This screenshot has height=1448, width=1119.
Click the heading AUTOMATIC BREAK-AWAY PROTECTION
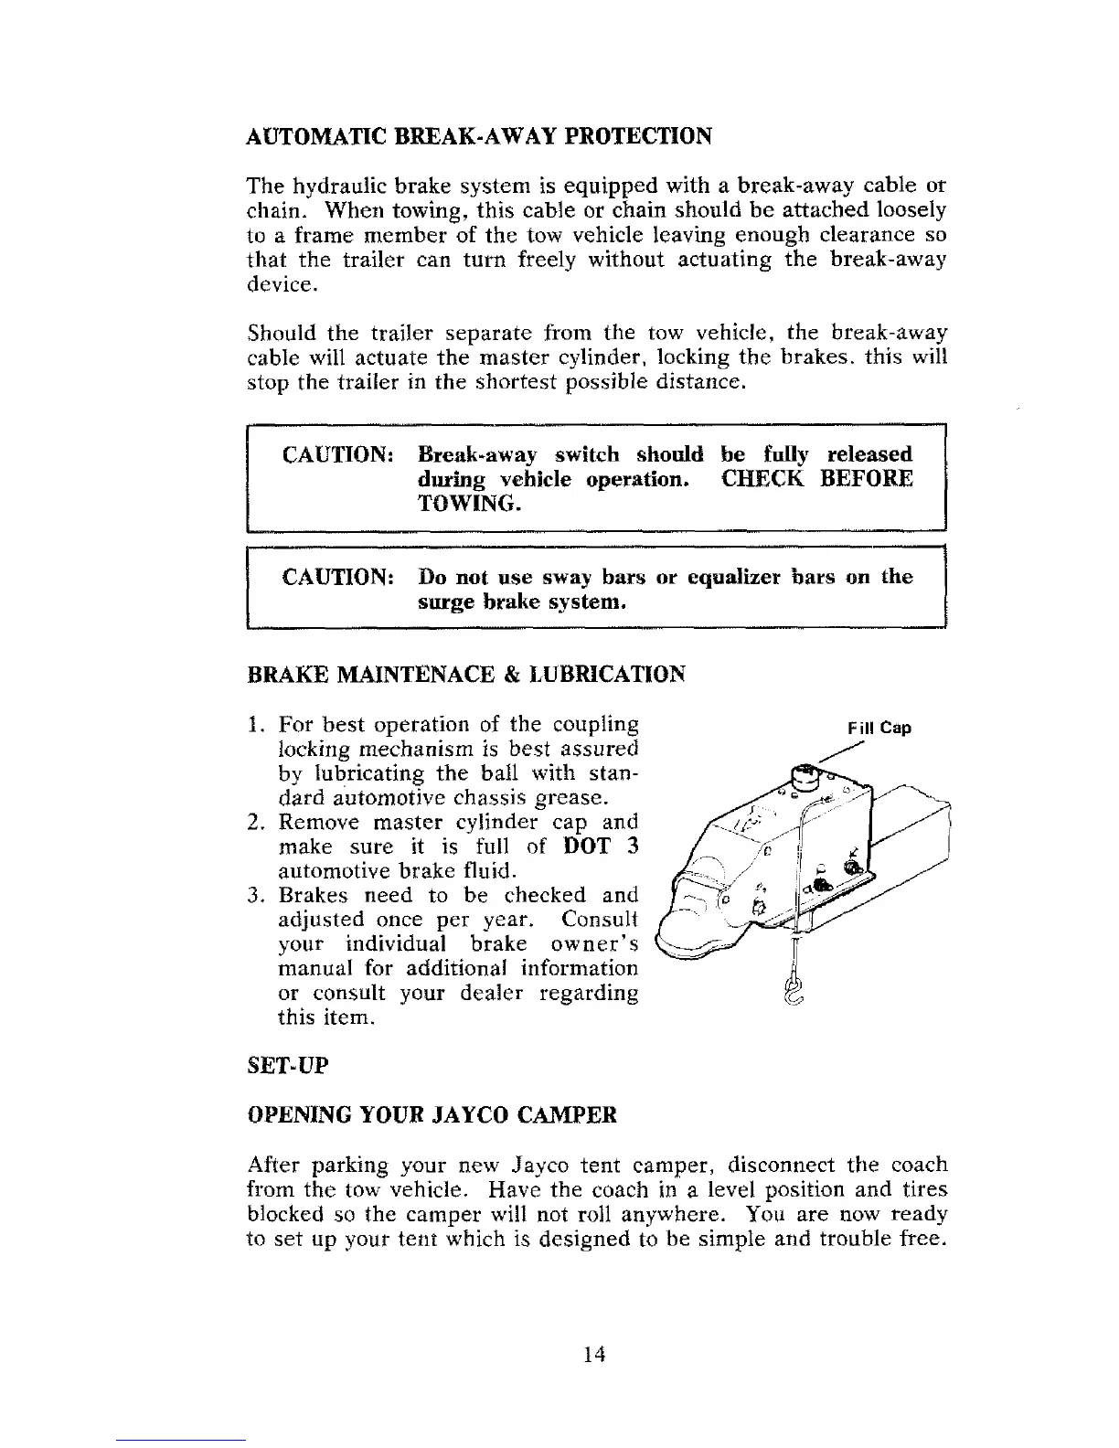point(479,137)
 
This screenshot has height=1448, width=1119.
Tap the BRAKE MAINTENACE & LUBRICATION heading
point(466,675)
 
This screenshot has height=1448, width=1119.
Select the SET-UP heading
point(288,1066)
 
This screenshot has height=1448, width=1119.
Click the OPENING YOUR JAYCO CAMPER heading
point(432,1115)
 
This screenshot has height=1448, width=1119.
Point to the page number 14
point(596,1354)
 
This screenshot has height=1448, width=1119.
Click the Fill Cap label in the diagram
point(879,729)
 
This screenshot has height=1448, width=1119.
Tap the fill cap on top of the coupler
point(805,776)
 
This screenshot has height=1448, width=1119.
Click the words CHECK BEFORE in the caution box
point(816,479)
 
